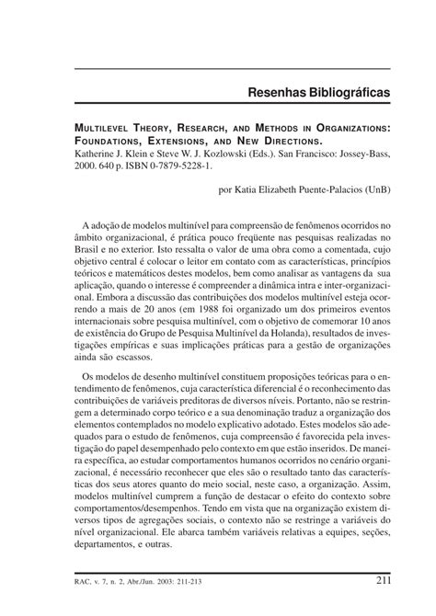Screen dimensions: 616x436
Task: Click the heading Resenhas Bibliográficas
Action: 317,94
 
